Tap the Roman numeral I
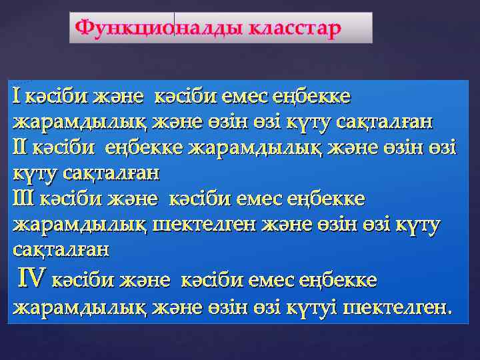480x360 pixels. point(16,97)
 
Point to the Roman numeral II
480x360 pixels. point(20,147)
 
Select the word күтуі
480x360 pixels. point(314,307)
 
